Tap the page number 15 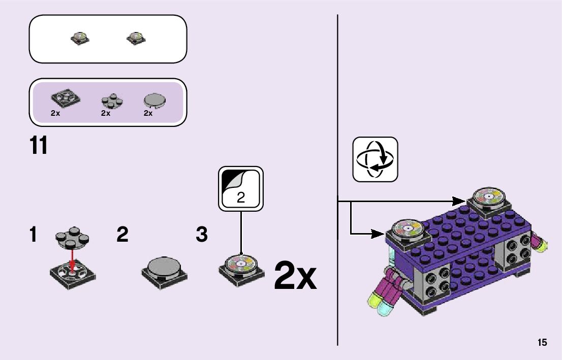542,343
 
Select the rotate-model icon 375,159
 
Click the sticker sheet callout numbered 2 241,188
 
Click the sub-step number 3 202,235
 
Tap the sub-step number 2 122,235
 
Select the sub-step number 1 33,235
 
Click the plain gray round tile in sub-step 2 164,266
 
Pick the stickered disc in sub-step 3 241,263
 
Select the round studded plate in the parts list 112,101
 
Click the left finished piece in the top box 80,38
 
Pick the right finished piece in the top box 135,38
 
